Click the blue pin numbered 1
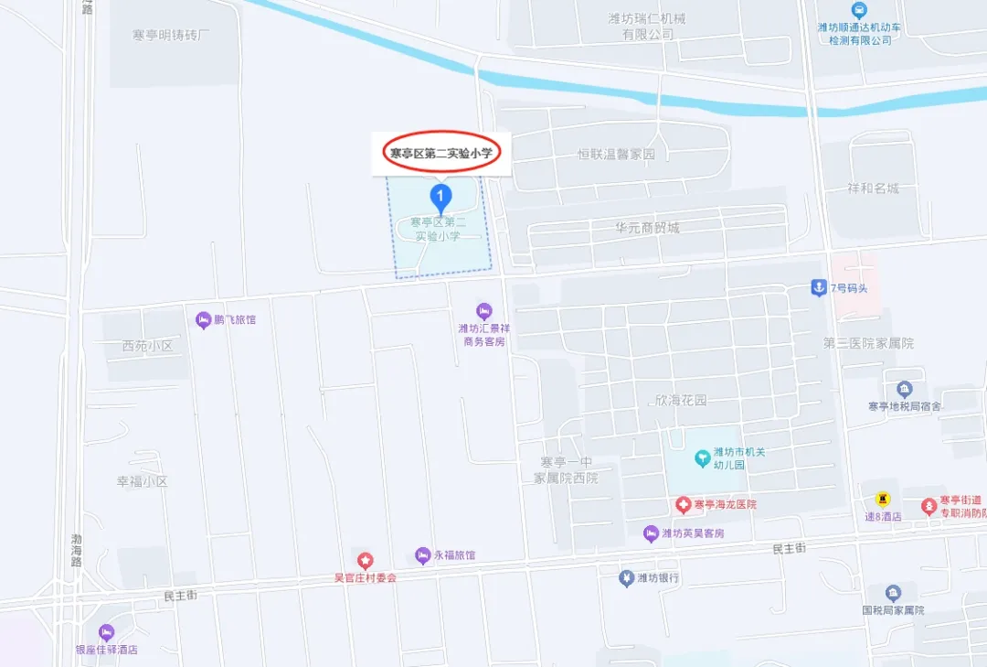[440, 195]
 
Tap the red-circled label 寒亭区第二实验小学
[440, 154]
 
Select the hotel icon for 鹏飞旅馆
[203, 319]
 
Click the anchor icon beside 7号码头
[818, 288]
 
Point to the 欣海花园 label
[681, 401]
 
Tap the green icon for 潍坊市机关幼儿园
[702, 456]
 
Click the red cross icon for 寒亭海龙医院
[683, 504]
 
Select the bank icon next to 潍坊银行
[626, 578]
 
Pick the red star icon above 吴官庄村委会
[365, 560]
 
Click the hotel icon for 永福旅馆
[422, 555]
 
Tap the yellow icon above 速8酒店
[883, 499]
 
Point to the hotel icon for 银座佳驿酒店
[106, 632]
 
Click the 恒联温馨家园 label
[617, 155]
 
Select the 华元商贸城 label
[647, 227]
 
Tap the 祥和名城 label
[873, 188]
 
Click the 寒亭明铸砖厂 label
[171, 35]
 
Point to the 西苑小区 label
[147, 346]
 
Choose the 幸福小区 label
[142, 481]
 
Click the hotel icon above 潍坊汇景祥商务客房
[483, 311]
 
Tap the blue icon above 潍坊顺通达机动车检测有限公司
[859, 10]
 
